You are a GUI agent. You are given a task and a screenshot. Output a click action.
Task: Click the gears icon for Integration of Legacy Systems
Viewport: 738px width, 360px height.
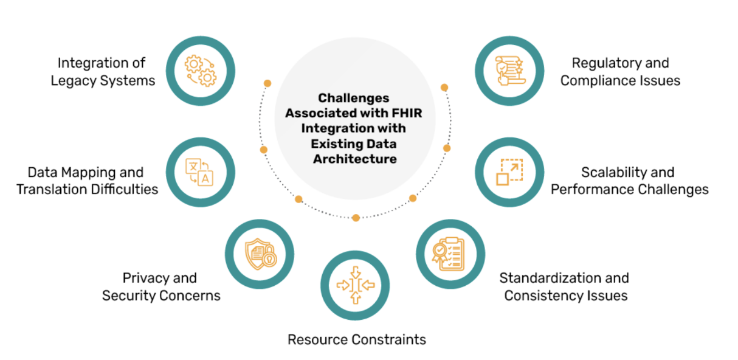click(200, 71)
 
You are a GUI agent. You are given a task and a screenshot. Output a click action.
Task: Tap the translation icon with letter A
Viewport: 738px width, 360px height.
click(200, 172)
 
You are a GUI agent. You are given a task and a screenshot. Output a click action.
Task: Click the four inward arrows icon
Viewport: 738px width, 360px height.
click(355, 285)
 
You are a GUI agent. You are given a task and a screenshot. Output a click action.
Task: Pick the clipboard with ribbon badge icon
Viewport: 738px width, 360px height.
click(450, 253)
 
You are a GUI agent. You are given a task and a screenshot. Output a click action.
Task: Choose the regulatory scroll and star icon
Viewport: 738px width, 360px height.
click(509, 71)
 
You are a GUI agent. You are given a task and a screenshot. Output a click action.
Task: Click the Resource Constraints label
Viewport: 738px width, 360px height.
click(357, 339)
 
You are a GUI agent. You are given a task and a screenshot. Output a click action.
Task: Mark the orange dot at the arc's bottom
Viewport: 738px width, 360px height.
click(356, 218)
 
